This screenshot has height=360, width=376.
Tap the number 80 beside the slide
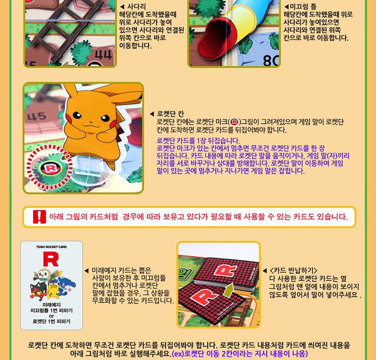[270, 60]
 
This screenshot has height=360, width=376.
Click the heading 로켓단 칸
[170, 113]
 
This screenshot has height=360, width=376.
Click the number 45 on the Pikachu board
[37, 116]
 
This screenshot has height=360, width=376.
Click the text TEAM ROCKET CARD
[51, 247]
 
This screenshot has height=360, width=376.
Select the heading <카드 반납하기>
[293, 270]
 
